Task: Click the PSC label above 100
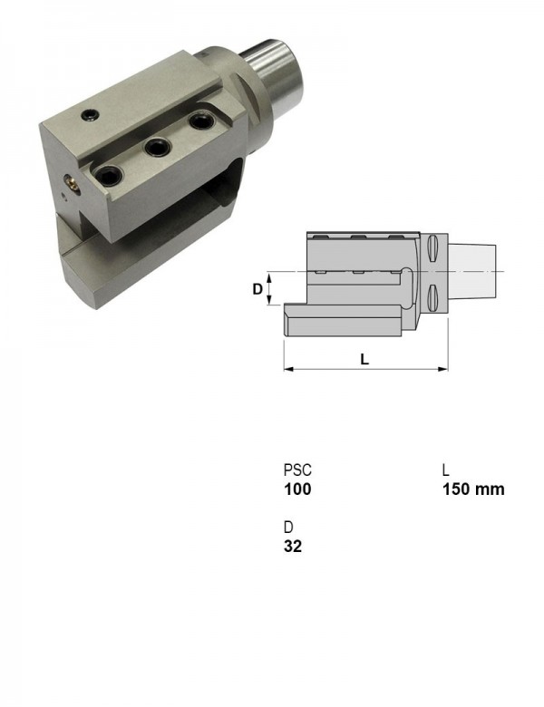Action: click(x=297, y=470)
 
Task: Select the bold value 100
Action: click(x=297, y=489)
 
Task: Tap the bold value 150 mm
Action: click(x=473, y=489)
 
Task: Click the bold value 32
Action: click(x=293, y=546)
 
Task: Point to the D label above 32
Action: click(x=288, y=527)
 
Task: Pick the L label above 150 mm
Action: click(x=446, y=470)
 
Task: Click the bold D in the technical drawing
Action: click(x=257, y=289)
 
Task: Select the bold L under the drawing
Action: click(x=364, y=359)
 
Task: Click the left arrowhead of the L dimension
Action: click(x=288, y=369)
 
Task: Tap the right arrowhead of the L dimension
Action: click(x=443, y=369)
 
